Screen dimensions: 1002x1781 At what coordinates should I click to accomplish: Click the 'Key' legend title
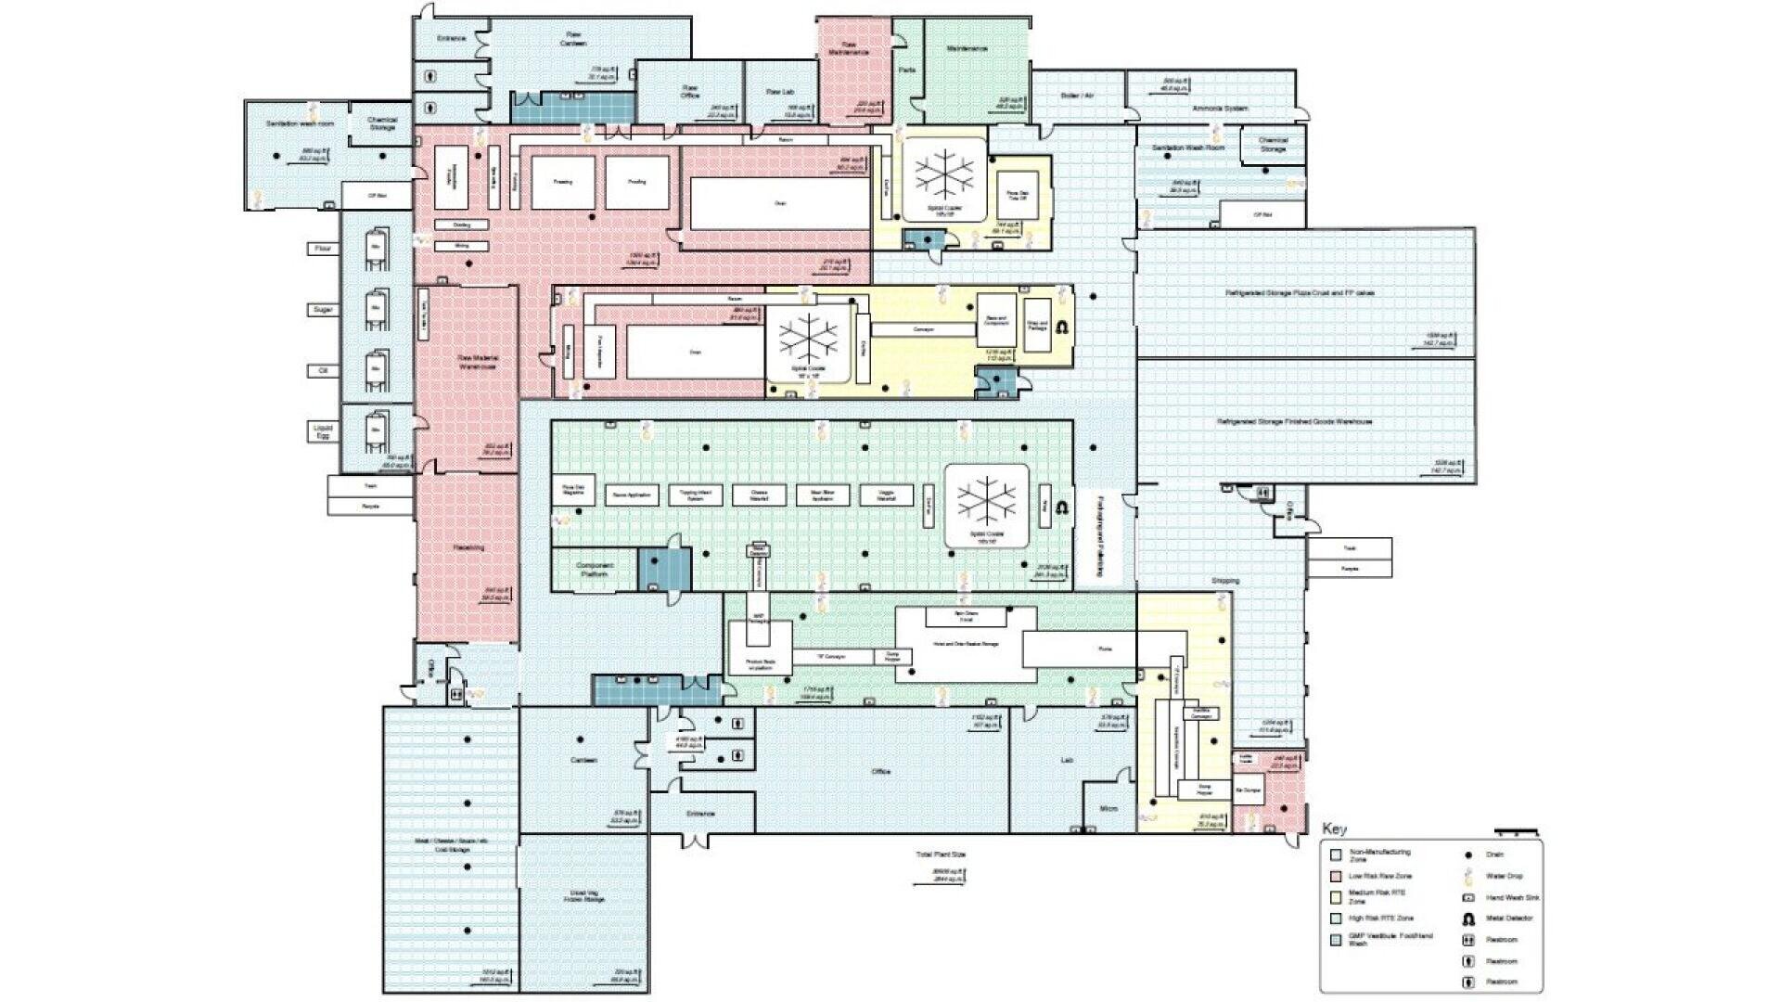[1334, 829]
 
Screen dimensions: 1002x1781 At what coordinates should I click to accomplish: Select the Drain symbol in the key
[1468, 854]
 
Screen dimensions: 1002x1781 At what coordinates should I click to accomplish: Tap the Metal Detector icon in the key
[1468, 918]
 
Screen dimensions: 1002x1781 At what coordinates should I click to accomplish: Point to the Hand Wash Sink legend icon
[1468, 897]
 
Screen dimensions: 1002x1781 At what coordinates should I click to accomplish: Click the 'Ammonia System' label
[1220, 109]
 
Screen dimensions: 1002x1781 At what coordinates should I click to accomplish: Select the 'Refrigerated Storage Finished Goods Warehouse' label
[1294, 422]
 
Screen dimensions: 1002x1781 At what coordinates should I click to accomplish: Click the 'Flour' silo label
[323, 249]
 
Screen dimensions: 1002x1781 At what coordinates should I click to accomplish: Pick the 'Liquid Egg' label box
[323, 431]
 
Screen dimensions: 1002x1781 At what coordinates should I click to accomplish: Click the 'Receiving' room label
[468, 547]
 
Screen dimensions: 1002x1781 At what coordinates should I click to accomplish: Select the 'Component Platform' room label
[594, 570]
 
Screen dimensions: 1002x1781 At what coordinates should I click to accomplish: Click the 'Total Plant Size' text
[941, 854]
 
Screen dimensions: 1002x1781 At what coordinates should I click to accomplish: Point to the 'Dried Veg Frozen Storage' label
[587, 896]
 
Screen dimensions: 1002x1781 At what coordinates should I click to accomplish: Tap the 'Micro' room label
[1108, 809]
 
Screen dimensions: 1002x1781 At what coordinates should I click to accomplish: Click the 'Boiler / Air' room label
[1077, 96]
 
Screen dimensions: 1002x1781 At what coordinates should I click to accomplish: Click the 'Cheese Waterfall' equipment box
[759, 495]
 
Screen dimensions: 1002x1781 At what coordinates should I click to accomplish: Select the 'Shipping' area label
[1224, 581]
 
